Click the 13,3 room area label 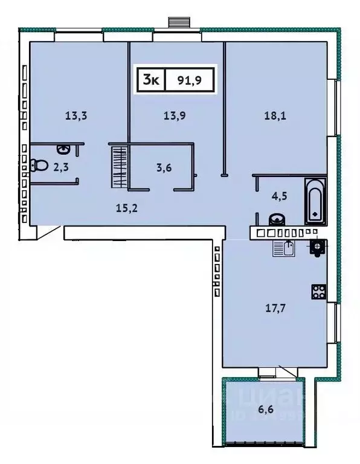(x=77, y=117)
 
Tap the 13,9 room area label (x=175, y=117)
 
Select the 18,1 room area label (x=275, y=117)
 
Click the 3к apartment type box (x=151, y=80)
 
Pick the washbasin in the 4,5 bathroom (x=275, y=219)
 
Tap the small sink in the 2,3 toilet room (x=63, y=149)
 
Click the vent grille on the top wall (x=179, y=22)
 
